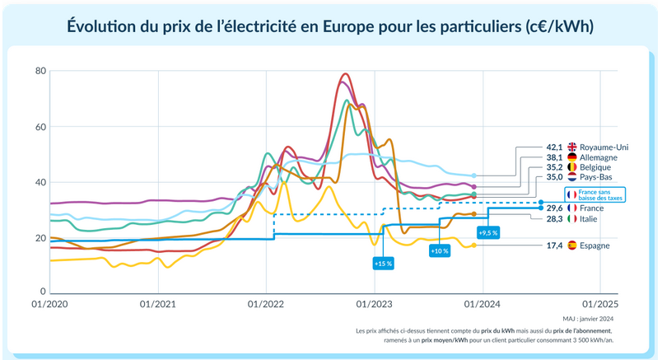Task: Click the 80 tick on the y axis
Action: pos(40,71)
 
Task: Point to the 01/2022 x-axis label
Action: pos(265,303)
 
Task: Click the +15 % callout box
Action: pos(382,264)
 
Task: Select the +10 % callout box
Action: pos(440,250)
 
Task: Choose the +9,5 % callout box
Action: pos(488,233)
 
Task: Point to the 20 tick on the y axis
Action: pos(40,238)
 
